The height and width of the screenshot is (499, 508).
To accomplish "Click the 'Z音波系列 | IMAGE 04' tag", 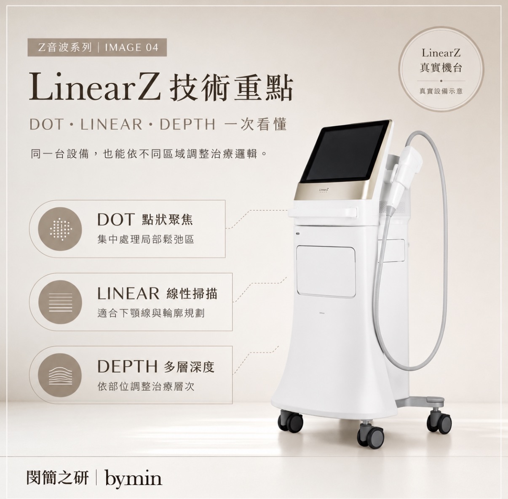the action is (97, 48).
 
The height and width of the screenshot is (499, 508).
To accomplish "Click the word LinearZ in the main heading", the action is (94, 88).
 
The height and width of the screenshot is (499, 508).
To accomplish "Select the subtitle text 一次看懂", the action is (255, 124).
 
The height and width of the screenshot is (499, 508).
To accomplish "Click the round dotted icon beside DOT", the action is (60, 229).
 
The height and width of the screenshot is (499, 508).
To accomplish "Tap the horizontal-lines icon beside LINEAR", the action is (60, 302).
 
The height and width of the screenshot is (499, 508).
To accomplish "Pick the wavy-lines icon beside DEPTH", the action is (60, 375).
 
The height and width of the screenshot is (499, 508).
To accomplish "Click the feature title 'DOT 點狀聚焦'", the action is (145, 219).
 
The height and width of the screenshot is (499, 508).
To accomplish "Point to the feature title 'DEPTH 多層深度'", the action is (156, 367).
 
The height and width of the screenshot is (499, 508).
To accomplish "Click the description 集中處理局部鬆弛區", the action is (146, 240).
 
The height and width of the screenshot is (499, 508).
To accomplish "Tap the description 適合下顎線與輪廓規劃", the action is (151, 313).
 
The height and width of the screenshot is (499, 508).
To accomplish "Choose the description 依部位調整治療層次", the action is (146, 387).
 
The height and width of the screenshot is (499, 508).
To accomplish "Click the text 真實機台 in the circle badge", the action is (441, 68).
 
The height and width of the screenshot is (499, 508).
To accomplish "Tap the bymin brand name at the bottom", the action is (134, 479).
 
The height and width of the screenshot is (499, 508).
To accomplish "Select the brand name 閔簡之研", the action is (57, 478).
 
